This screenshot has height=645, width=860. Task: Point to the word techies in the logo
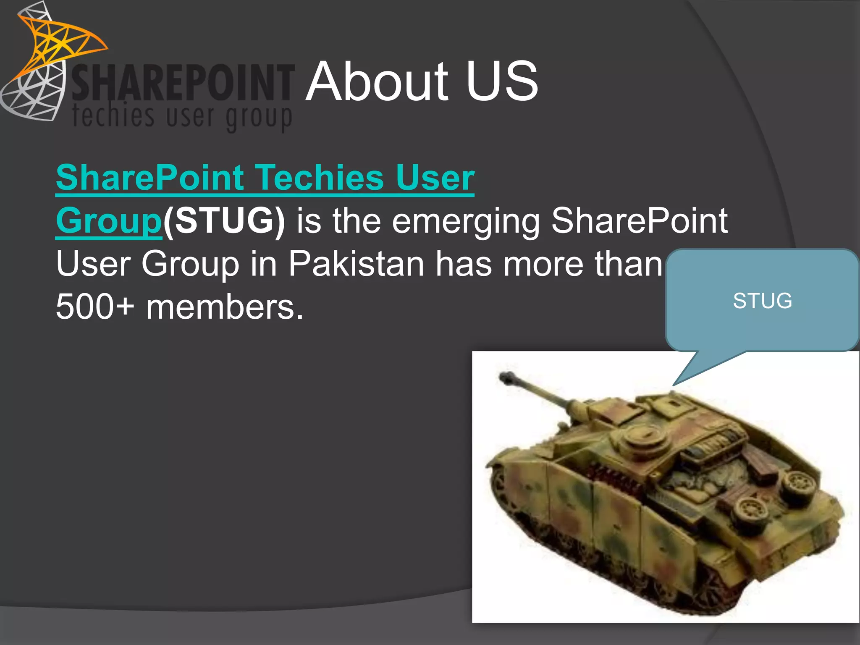(x=113, y=115)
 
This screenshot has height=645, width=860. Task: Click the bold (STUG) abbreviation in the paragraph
(x=224, y=221)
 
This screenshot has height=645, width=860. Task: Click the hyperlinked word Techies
(x=320, y=178)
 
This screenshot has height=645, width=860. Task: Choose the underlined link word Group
(x=109, y=221)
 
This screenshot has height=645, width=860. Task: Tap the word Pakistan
(x=356, y=264)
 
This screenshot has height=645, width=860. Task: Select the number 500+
(x=95, y=307)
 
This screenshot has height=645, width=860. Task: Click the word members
(x=225, y=307)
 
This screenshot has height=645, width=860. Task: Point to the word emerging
(x=466, y=222)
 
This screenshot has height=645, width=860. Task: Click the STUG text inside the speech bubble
(x=762, y=301)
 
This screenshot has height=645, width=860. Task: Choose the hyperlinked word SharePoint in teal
(x=150, y=178)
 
